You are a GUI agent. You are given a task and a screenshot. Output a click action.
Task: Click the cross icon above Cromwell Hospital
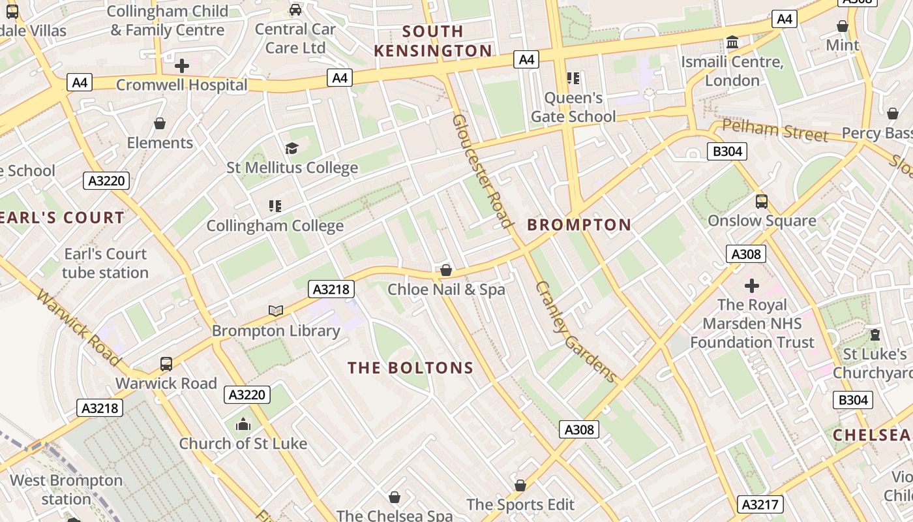click(x=182, y=66)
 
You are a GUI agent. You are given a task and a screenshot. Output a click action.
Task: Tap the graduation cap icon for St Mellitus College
click(x=292, y=149)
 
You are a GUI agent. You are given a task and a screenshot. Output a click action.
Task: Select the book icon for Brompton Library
click(x=276, y=311)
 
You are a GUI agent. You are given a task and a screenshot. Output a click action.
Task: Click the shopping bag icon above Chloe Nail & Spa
click(x=446, y=270)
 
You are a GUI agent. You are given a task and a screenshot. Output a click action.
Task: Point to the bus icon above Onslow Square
click(x=761, y=202)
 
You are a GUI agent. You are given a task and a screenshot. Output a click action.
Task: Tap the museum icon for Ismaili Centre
click(x=732, y=43)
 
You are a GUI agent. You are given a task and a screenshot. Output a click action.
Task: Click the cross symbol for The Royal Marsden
click(x=752, y=286)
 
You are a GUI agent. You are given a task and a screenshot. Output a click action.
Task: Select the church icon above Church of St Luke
click(x=243, y=425)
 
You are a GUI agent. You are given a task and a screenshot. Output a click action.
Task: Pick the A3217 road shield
click(x=760, y=504)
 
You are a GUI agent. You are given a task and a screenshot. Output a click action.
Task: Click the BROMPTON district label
click(x=579, y=225)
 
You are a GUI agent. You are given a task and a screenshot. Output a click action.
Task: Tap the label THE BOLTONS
click(x=410, y=368)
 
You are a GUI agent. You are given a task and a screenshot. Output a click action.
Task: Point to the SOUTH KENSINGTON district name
click(x=433, y=41)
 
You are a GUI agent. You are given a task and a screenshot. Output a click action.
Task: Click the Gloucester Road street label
click(x=483, y=171)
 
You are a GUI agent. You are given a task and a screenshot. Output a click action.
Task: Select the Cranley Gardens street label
click(x=575, y=331)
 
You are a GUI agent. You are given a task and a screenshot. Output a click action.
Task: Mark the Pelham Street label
click(x=775, y=130)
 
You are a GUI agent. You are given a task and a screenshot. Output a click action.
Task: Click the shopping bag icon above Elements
click(x=160, y=123)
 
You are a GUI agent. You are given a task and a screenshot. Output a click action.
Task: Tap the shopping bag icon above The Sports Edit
click(x=520, y=485)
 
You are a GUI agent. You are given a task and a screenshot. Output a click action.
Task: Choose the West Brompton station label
click(x=66, y=490)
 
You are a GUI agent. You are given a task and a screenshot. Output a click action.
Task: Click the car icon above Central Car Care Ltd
click(x=295, y=10)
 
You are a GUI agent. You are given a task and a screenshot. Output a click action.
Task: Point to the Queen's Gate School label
click(x=573, y=107)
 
